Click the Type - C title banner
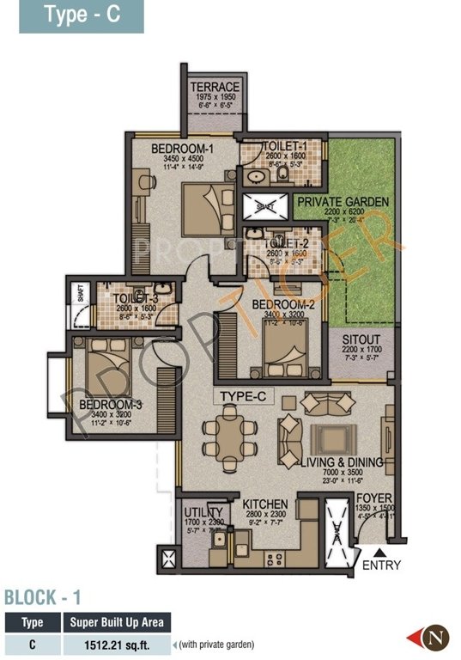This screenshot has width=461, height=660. pyautogui.click(x=82, y=16)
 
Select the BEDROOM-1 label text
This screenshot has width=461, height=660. pyautogui.click(x=182, y=149)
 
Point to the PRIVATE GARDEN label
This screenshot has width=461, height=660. pyautogui.click(x=343, y=201)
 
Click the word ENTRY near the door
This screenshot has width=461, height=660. pyautogui.click(x=381, y=565)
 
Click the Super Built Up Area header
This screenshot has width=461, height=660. pyautogui.click(x=118, y=622)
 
